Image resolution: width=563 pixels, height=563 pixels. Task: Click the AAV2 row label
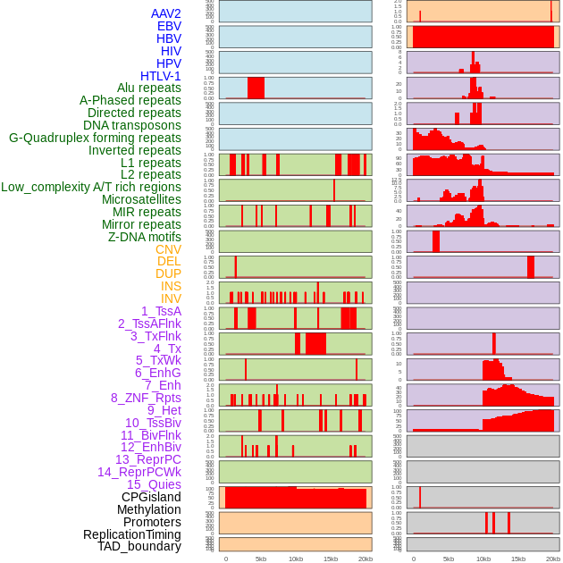[166, 13]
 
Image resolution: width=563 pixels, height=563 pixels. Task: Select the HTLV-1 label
[161, 76]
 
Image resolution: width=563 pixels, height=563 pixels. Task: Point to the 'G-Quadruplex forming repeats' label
[95, 138]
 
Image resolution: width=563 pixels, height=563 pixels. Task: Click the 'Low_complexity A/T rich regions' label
[91, 187]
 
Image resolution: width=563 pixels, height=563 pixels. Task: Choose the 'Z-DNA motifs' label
[145, 237]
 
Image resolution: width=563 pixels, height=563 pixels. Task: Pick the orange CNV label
[168, 249]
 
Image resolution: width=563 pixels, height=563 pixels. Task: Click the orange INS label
[171, 286]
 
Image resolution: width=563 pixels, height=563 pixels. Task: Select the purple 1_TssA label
[161, 311]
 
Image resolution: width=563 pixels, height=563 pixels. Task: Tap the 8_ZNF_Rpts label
[146, 398]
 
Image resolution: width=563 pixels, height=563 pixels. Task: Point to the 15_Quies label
[154, 484]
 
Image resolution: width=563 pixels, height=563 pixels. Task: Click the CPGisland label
[151, 497]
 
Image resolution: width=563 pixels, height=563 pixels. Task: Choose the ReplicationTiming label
[132, 534]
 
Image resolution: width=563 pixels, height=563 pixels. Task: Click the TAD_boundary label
[139, 546]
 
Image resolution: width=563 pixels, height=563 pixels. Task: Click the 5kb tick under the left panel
[261, 559]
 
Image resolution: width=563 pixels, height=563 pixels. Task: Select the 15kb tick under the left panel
[331, 559]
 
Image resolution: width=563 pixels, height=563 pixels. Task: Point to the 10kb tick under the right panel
[483, 559]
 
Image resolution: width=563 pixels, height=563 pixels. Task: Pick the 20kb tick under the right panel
[552, 559]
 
